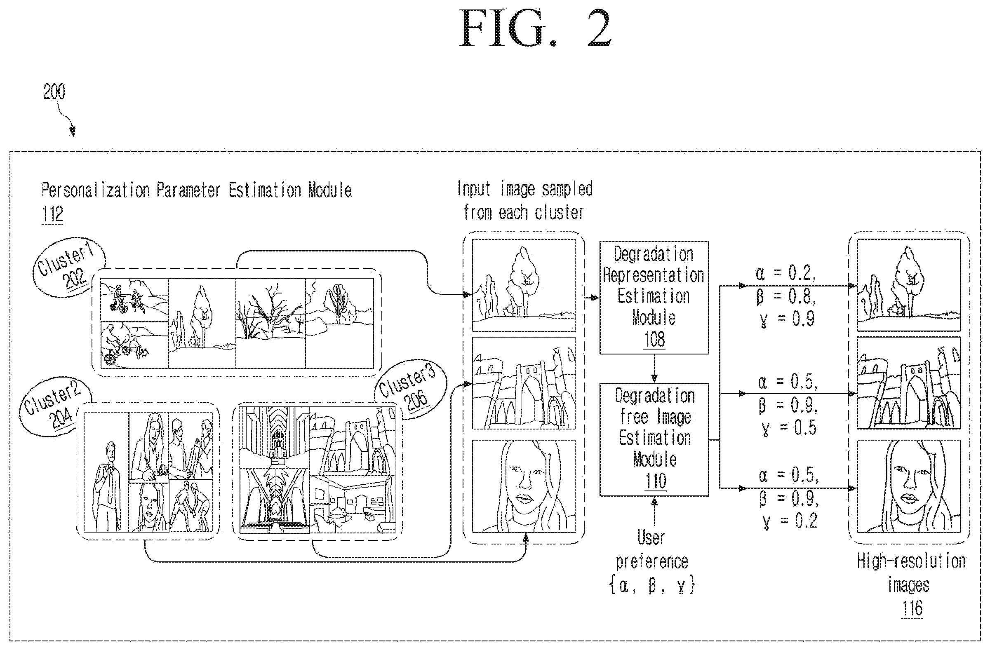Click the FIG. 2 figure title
(535, 28)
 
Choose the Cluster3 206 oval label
(410, 389)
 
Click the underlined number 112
(52, 215)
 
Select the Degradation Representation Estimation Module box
(654, 298)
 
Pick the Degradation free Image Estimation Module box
(654, 439)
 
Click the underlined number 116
(912, 608)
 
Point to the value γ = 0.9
(787, 319)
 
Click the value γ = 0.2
(790, 521)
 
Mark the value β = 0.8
(786, 296)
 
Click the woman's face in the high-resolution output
(908, 486)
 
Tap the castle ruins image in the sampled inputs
(524, 383)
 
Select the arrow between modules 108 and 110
(654, 369)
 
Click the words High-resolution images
(911, 573)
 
